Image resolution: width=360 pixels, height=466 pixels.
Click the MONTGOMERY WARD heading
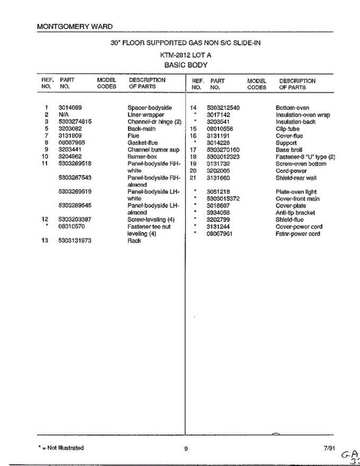click(75, 27)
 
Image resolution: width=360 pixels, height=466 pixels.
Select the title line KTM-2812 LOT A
click(186, 55)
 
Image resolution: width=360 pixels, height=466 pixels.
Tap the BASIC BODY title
click(186, 65)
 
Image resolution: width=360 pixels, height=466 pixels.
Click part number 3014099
click(70, 108)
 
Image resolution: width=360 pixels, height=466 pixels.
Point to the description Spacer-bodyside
click(150, 108)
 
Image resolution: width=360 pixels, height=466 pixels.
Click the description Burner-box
click(142, 156)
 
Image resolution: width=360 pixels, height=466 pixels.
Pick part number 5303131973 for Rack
click(75, 240)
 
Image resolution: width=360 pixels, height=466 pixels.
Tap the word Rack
click(134, 241)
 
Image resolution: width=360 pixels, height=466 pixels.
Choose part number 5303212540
click(223, 108)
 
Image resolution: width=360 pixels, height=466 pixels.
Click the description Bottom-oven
click(292, 108)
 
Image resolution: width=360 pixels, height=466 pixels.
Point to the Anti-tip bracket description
click(295, 213)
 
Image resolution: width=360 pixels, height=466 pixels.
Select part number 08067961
click(219, 234)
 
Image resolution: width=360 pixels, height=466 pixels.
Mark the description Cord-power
click(291, 171)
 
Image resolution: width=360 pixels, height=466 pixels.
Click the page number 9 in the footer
click(186, 449)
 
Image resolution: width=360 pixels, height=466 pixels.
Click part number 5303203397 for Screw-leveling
click(75, 219)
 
